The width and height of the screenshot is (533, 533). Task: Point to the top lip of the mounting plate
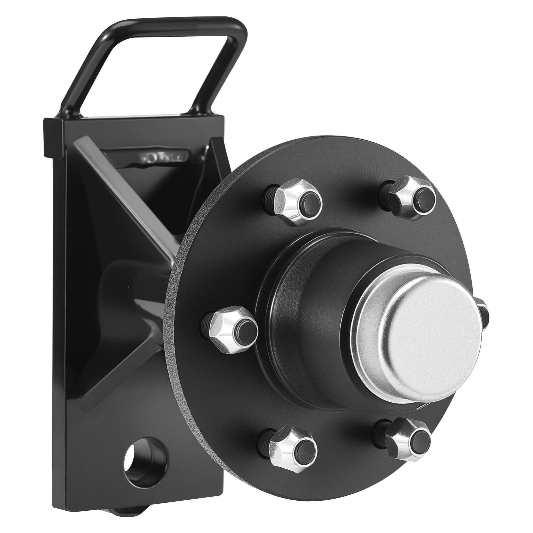pyautogui.click(x=133, y=122)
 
